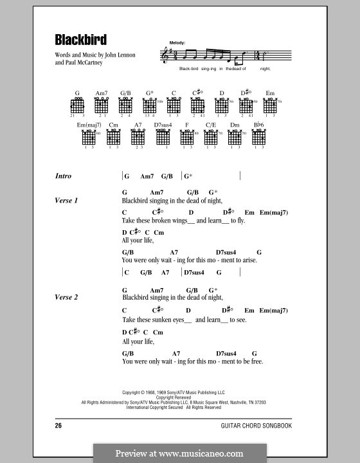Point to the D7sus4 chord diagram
(161, 137)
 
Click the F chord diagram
(186, 137)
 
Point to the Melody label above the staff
(177, 42)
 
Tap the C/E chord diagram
(210, 137)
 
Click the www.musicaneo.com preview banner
(180, 453)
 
